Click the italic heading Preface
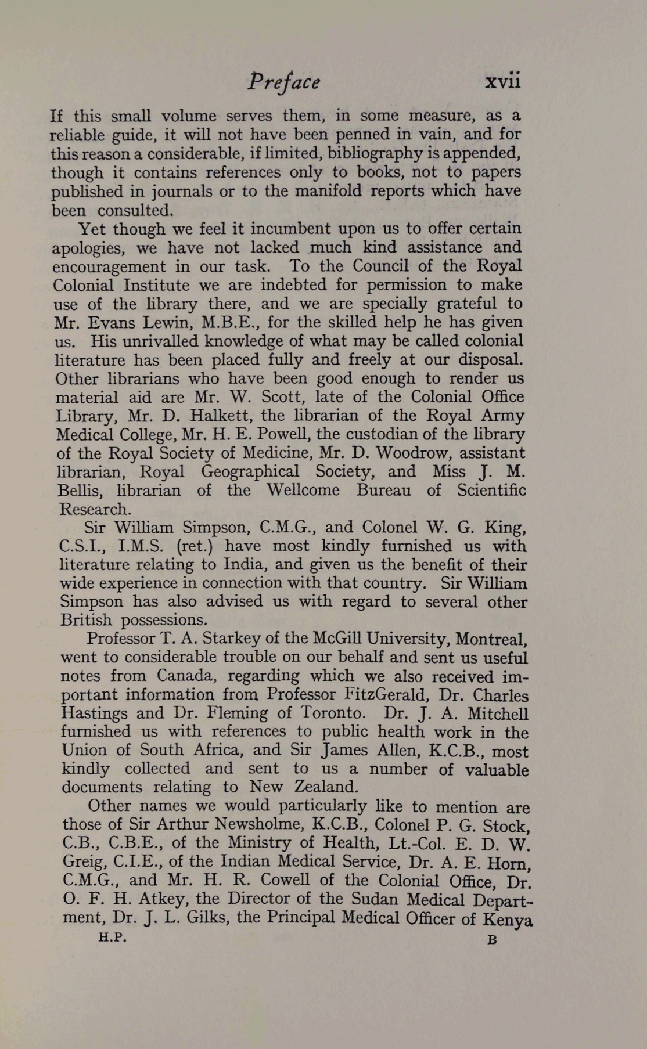pyautogui.click(x=283, y=82)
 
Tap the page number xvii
pyautogui.click(x=503, y=81)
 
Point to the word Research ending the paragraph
pyautogui.click(x=95, y=509)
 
